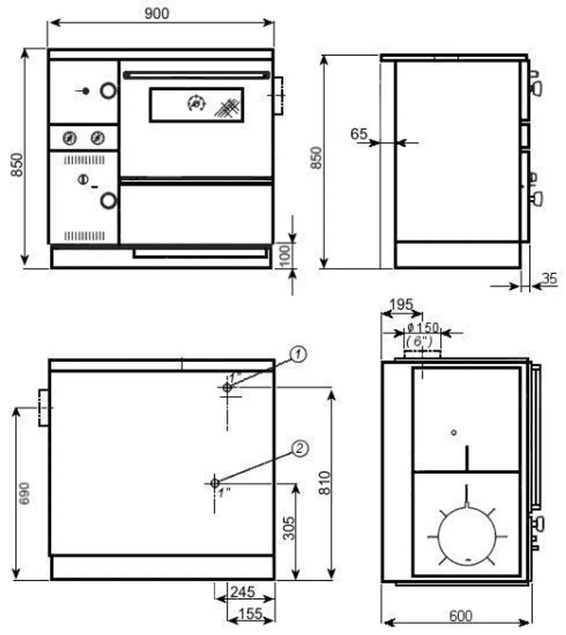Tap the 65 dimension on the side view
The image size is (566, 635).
coord(358,134)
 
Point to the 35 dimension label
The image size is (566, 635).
coord(549,278)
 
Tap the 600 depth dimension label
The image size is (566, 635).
coord(461,616)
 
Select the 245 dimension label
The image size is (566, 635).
coord(242,592)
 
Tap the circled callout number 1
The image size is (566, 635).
coord(298,354)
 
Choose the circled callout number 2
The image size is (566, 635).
coord(300,448)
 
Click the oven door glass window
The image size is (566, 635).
coord(196,104)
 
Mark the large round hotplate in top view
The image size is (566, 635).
coord(467,534)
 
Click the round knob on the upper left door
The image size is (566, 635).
coord(109,91)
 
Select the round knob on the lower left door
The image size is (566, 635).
coord(109,201)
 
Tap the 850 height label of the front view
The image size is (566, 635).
coord(17,165)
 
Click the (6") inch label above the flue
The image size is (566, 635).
coord(419,341)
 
